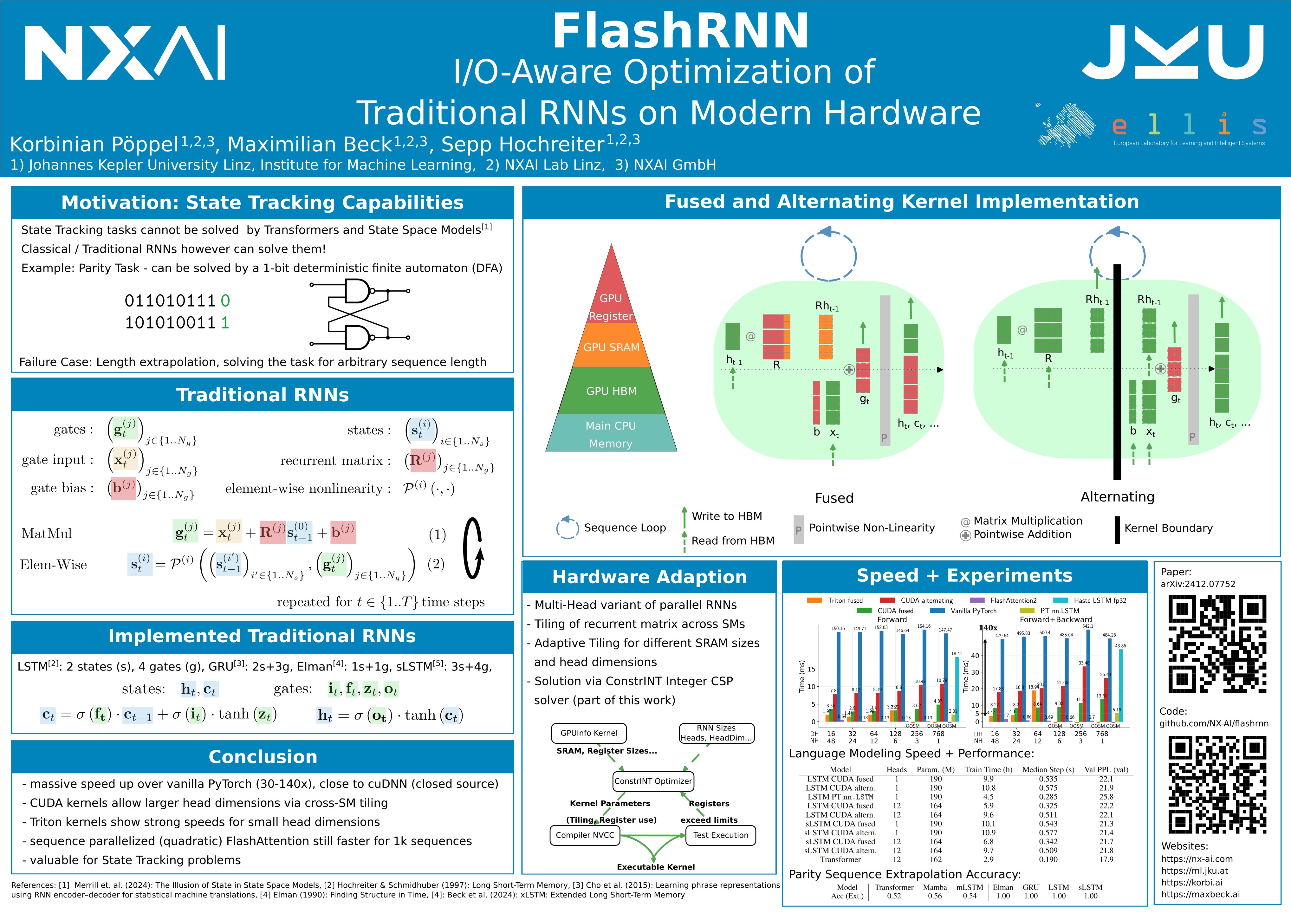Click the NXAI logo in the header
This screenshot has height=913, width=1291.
point(125,53)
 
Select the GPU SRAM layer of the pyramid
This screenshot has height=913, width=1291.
point(611,347)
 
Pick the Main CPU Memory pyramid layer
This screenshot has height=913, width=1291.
point(611,434)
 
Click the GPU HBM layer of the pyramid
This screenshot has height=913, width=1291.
point(611,391)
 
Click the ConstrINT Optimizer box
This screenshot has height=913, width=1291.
point(653,781)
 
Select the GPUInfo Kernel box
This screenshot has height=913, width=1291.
point(589,733)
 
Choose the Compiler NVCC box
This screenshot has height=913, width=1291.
point(585,835)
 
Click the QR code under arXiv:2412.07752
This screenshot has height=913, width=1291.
point(1217,644)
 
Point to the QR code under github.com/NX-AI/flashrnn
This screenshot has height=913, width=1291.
point(1217,785)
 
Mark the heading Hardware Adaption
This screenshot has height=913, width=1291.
point(649,577)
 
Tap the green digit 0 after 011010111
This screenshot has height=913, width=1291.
point(225,301)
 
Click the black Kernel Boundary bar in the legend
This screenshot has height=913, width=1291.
point(1117,530)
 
